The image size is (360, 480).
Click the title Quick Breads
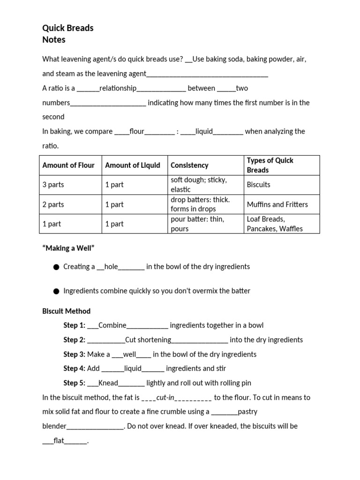tap(67, 28)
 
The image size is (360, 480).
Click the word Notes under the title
tap(54, 40)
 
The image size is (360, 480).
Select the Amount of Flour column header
tap(68, 165)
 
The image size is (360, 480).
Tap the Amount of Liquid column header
tap(132, 165)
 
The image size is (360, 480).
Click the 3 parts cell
tap(53, 185)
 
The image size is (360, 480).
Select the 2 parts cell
tap(53, 204)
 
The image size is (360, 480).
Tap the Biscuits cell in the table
tap(258, 185)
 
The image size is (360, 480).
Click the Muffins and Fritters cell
tap(277, 204)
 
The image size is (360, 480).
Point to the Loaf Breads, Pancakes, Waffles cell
tap(274, 224)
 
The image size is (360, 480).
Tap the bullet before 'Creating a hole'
tap(56, 267)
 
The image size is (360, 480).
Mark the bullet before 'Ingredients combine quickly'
tap(56, 291)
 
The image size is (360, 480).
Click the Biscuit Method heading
tap(66, 311)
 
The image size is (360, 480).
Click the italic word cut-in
tap(165, 397)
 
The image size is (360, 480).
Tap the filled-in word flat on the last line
tap(59, 441)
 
